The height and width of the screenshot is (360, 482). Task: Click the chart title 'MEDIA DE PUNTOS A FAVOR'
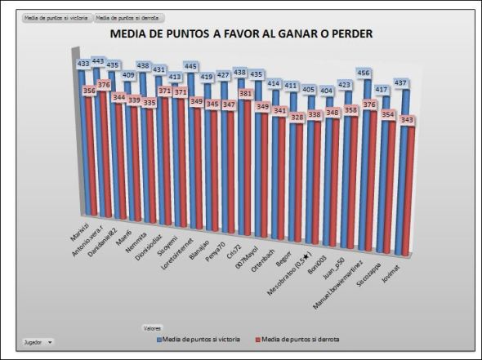point(241,35)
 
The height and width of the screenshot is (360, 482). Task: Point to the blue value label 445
point(190,66)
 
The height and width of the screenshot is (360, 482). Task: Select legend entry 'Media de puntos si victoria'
point(201,338)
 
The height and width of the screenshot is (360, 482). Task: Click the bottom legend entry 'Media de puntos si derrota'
point(297,338)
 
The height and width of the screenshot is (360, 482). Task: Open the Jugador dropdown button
point(38,342)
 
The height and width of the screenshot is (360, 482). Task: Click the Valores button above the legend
point(152,327)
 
